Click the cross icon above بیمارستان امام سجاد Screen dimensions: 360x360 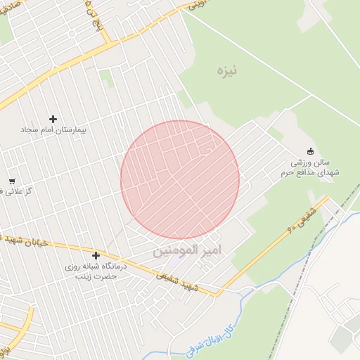point(53,119)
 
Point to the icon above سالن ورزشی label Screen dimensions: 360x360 point(310,150)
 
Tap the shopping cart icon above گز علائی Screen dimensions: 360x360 point(12,181)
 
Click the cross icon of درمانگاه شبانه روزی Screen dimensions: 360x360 point(96,256)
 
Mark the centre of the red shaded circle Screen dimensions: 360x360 point(180,180)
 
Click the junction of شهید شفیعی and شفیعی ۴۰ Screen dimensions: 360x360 point(217,294)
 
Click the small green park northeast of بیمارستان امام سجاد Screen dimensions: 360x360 point(107,78)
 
